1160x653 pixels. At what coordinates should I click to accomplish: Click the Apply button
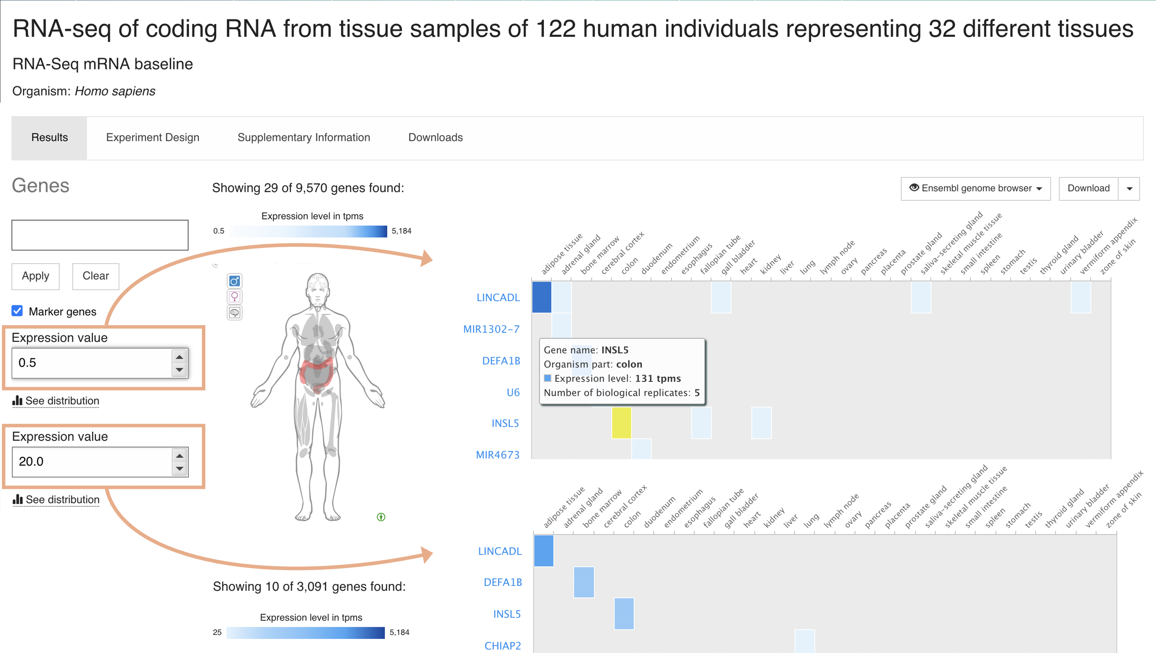[36, 276]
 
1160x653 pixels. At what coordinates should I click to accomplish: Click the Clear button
[96, 276]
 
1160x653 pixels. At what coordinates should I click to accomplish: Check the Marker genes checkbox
[17, 311]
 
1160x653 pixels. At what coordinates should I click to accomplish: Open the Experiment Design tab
[153, 137]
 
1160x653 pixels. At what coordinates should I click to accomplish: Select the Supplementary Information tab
[304, 137]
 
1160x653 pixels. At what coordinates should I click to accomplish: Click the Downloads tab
[435, 137]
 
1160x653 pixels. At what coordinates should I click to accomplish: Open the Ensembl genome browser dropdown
[975, 188]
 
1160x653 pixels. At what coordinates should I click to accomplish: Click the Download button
[1088, 188]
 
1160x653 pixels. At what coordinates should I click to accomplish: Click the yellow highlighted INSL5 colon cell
[621, 422]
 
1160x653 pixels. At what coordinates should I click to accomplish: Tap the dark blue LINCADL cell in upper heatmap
[541, 297]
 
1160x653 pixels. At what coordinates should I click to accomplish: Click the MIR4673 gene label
[497, 455]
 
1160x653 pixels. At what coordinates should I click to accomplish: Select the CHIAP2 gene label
[502, 645]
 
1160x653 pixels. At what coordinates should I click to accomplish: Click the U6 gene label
[513, 392]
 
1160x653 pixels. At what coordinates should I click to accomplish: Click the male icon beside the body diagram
[234, 281]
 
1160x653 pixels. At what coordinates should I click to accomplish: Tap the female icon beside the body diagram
[234, 297]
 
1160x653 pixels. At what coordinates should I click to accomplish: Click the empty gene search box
[99, 235]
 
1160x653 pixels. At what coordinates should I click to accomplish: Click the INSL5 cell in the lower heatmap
[624, 613]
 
